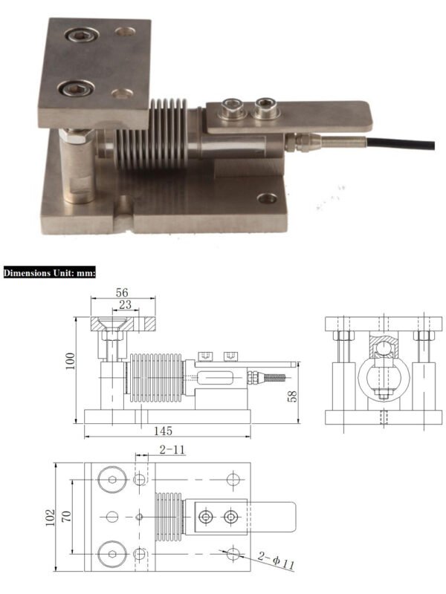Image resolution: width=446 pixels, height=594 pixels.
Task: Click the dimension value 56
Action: pos(123,293)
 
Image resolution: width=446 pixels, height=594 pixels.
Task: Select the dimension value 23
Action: pos(126,304)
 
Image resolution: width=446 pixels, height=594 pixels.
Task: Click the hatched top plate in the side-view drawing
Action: pos(123,324)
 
